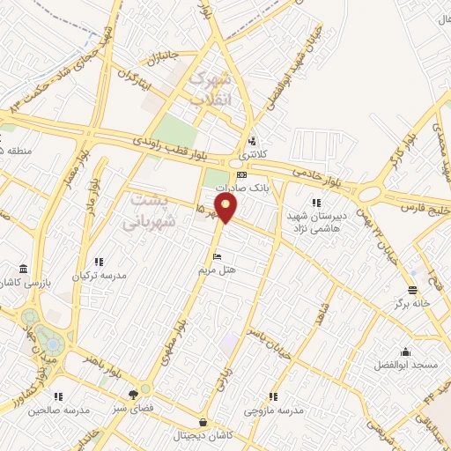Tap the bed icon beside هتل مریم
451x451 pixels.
tap(217, 256)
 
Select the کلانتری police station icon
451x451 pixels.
tap(254, 140)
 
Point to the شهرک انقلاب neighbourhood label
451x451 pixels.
tap(209, 88)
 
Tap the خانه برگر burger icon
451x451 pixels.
tap(411, 290)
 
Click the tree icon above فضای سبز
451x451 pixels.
tap(132, 395)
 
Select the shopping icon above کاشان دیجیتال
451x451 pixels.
tap(204, 421)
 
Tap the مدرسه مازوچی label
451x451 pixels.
tap(275, 410)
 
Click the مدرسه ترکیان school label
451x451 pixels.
tap(100, 275)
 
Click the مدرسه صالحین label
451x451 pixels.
tap(59, 410)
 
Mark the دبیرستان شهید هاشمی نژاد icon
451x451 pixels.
tap(316, 203)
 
